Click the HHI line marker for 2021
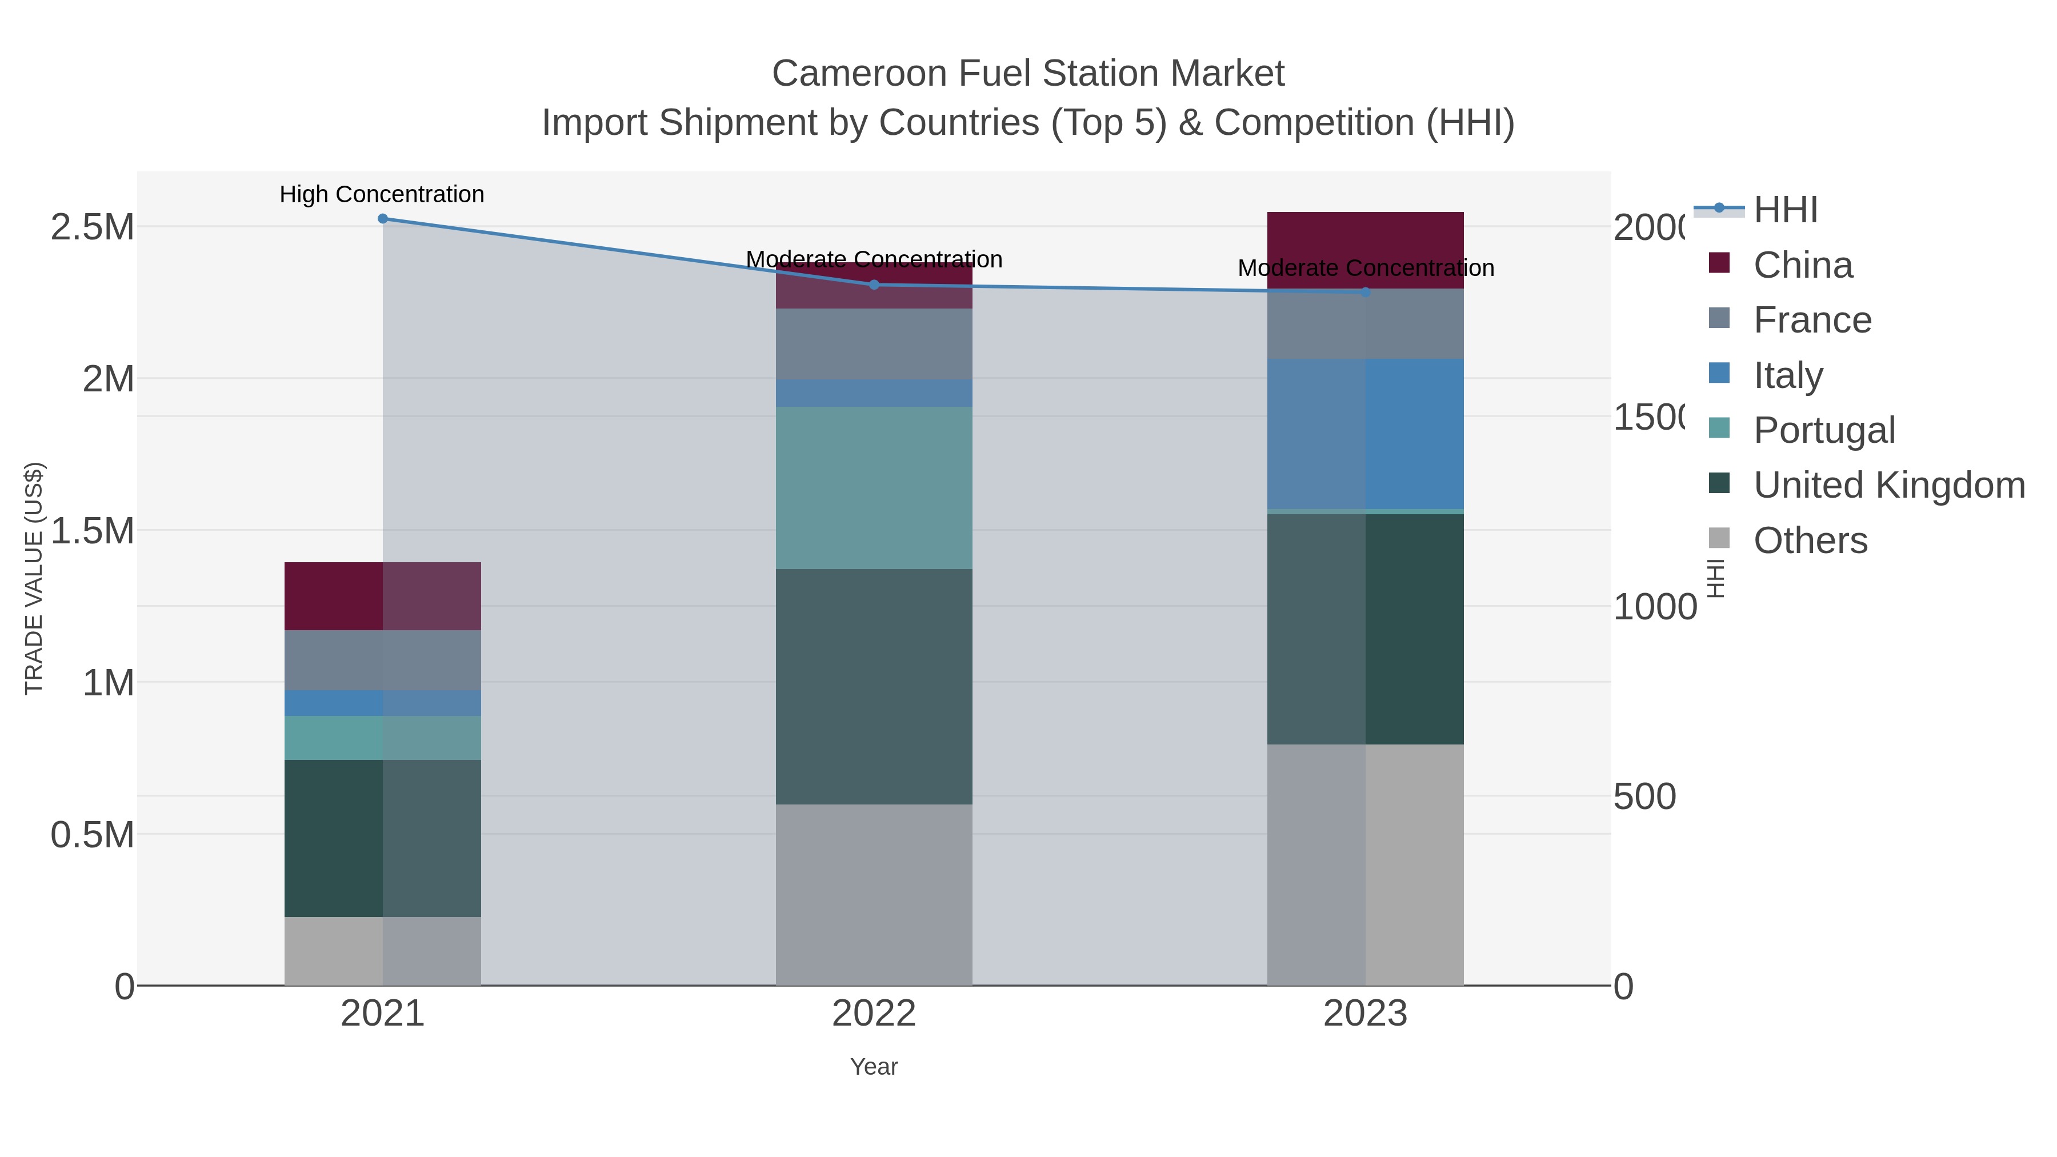click(x=382, y=218)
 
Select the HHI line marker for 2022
click(x=874, y=285)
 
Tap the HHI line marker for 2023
click(x=1366, y=292)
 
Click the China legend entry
click(x=1802, y=265)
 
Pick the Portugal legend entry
click(x=1824, y=430)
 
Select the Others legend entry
click(x=1810, y=541)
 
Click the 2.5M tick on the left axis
click(x=93, y=227)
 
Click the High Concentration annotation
click(x=382, y=194)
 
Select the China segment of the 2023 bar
click(x=1366, y=250)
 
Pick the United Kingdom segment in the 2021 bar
click(x=382, y=838)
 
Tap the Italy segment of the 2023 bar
click(x=1366, y=434)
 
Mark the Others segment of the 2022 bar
click(x=874, y=894)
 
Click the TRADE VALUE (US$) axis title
click(x=34, y=578)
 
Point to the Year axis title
click(x=874, y=1067)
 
